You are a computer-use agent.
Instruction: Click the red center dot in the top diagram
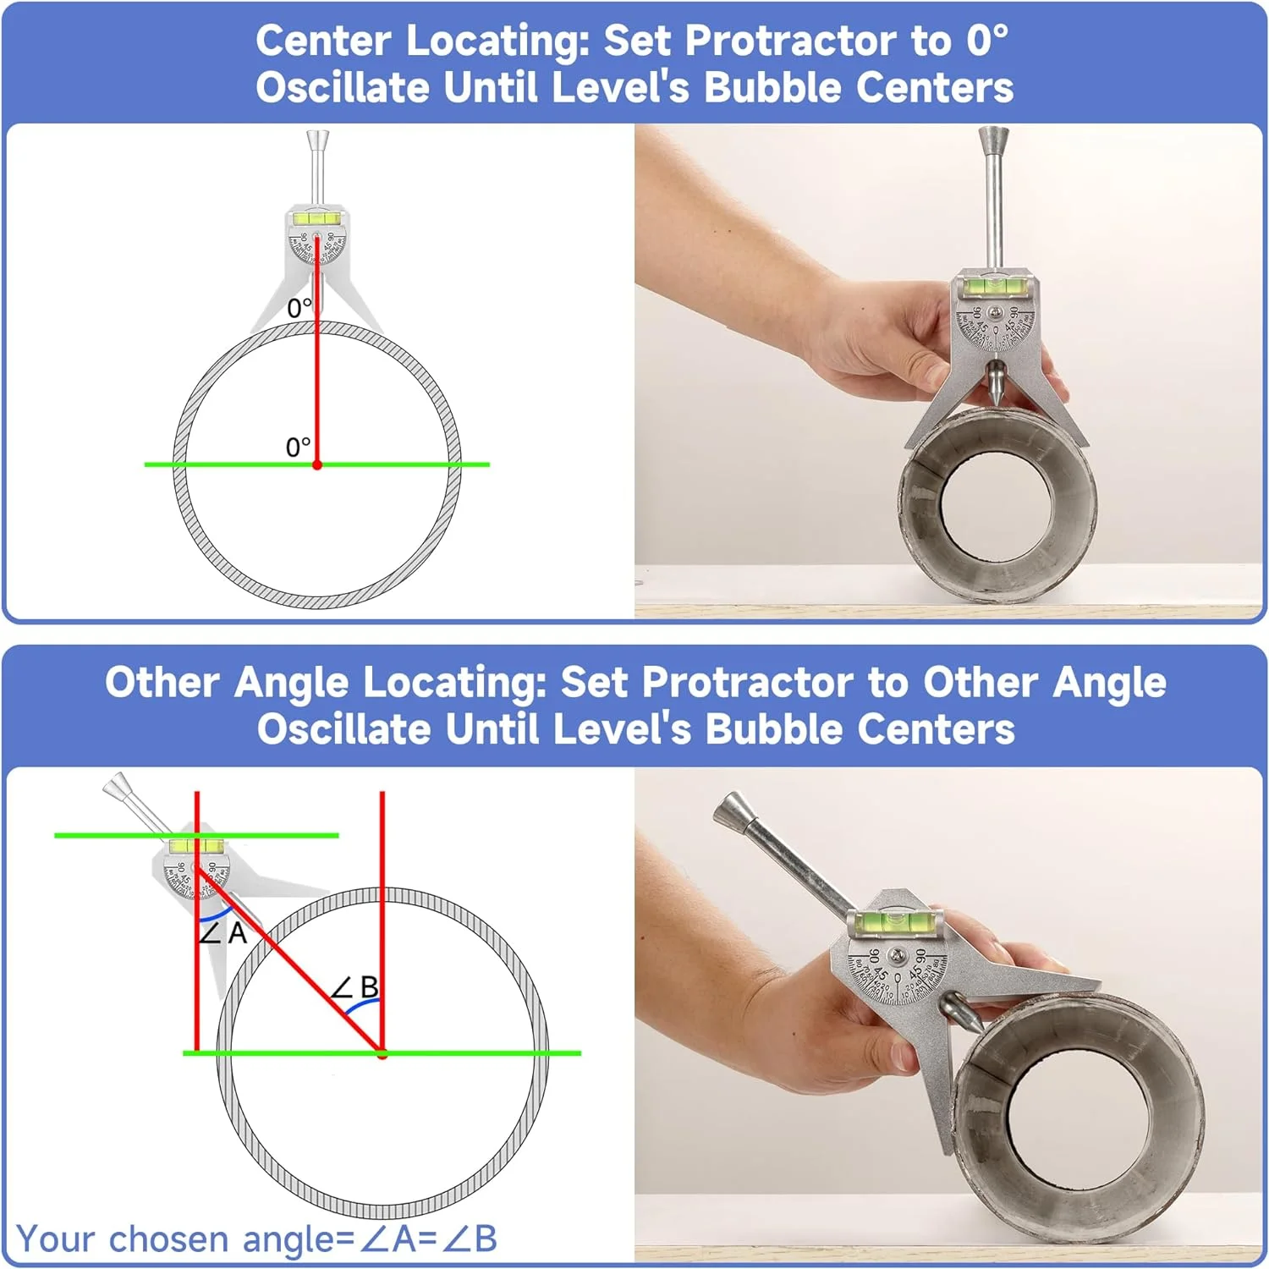[317, 464]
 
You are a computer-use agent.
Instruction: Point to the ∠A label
[222, 933]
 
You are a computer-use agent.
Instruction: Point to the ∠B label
[355, 986]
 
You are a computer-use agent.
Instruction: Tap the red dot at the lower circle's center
[382, 1054]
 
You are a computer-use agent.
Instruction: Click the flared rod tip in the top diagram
[317, 137]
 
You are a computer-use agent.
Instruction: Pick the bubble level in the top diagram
[316, 218]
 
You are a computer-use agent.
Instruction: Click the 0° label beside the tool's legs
[299, 308]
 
